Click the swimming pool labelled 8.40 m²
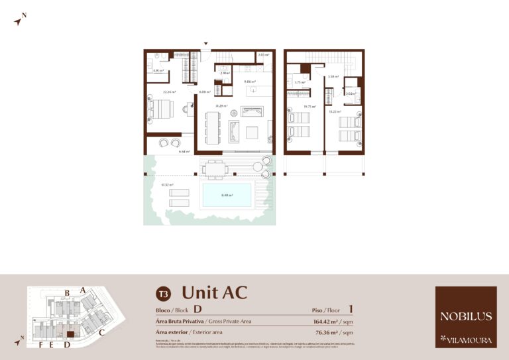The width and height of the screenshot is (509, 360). pyautogui.click(x=227, y=195)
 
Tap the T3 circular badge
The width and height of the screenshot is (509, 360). pyautogui.click(x=162, y=292)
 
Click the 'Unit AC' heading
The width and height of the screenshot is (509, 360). pyautogui.click(x=214, y=292)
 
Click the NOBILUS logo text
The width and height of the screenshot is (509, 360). pyautogui.click(x=466, y=316)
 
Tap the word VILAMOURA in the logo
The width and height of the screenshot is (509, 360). pyautogui.click(x=470, y=341)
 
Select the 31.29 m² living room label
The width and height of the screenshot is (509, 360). pyautogui.click(x=221, y=106)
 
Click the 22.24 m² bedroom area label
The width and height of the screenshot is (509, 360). pyautogui.click(x=170, y=92)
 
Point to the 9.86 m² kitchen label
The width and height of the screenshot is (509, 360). pyautogui.click(x=250, y=82)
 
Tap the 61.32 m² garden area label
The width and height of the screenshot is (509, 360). pyautogui.click(x=167, y=185)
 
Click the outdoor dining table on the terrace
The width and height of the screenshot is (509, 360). pyautogui.click(x=214, y=169)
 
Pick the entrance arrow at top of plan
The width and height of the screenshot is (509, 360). pyautogui.click(x=206, y=44)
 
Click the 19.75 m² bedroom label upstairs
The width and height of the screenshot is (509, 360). pyautogui.click(x=309, y=105)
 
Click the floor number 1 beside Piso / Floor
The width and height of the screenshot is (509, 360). pyautogui.click(x=351, y=308)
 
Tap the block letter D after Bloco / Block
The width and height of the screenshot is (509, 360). pyautogui.click(x=198, y=309)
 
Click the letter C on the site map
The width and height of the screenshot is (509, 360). pyautogui.click(x=101, y=333)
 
